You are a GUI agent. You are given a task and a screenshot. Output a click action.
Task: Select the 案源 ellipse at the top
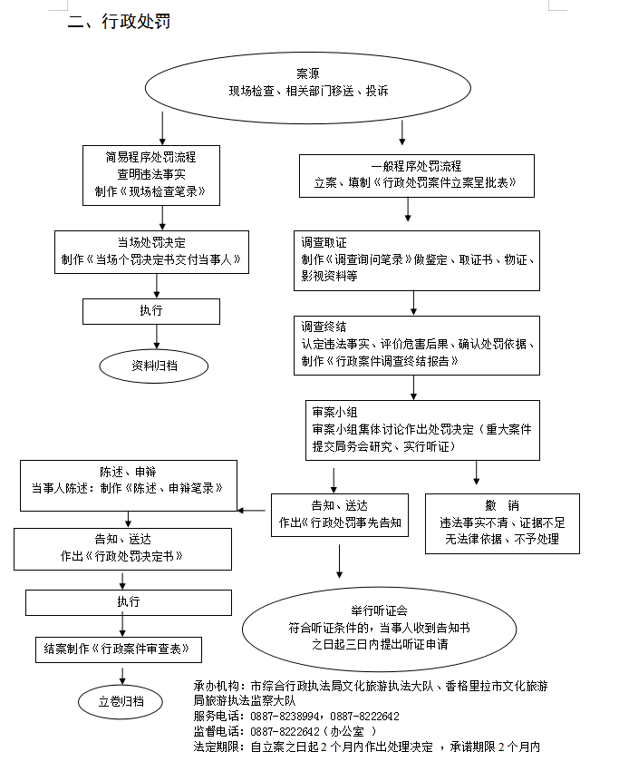[x=308, y=83]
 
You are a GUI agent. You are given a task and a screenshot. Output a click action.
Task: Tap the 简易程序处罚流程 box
[x=150, y=173]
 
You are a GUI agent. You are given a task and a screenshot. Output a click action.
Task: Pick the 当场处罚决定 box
[x=151, y=250]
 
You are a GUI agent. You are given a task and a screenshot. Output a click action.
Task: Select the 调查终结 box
[x=416, y=344]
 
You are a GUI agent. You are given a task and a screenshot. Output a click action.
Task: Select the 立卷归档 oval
[x=121, y=701]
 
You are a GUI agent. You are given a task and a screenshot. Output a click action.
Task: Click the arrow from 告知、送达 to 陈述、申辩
[x=255, y=511]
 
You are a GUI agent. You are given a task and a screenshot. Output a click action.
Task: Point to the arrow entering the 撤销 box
[x=477, y=473]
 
